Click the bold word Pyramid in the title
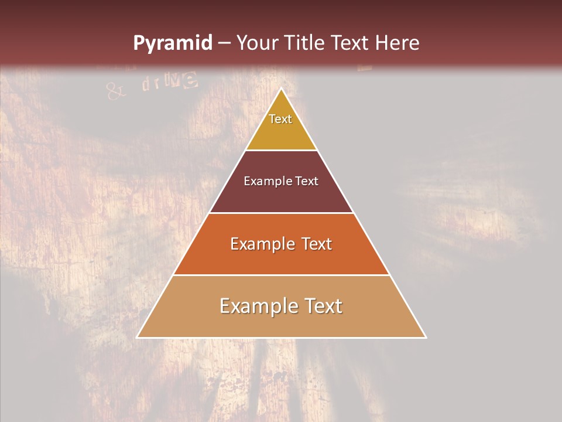coord(172,43)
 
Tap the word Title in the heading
coord(306,43)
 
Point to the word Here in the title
coord(397,43)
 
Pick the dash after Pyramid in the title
coord(224,43)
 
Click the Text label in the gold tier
coord(280,119)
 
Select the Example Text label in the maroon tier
coord(281,181)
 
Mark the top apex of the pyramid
coord(282,89)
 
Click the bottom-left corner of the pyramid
coord(137,338)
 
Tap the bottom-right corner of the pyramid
coord(426,338)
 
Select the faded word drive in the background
coord(169,81)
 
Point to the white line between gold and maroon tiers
coord(281,150)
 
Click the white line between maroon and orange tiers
coord(281,213)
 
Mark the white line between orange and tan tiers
coord(281,275)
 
